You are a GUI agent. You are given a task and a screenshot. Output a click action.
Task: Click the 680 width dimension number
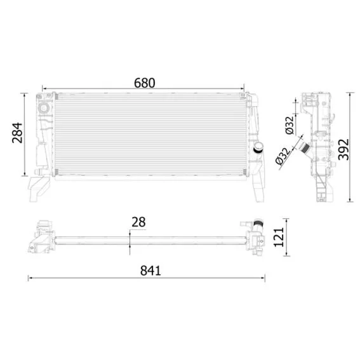(144, 83)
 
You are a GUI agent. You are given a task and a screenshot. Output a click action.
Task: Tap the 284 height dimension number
(17, 133)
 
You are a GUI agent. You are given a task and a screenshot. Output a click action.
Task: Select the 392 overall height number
(343, 149)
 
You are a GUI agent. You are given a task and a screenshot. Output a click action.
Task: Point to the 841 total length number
(150, 270)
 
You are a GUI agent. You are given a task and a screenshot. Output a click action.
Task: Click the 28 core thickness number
(138, 222)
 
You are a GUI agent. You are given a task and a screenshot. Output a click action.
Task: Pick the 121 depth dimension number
(279, 237)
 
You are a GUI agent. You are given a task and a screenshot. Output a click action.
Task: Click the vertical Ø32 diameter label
(290, 125)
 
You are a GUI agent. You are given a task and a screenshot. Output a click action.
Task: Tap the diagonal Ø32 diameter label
(283, 156)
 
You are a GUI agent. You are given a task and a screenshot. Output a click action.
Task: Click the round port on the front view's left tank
(43, 107)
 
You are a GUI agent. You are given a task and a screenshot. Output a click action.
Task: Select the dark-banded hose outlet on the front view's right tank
(258, 147)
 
